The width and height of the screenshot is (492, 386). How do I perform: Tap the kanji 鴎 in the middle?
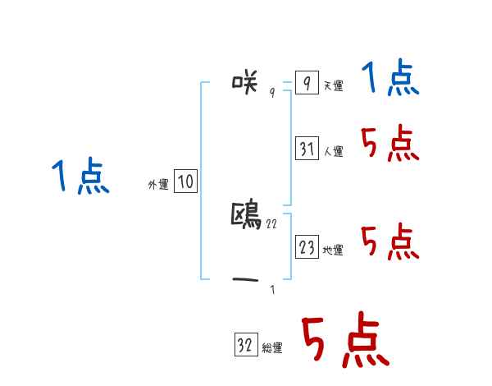(x=247, y=215)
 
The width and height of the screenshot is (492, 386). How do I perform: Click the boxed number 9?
(x=306, y=84)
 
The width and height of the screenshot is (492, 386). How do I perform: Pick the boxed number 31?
(x=307, y=149)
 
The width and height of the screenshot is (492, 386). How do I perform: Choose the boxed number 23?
(x=307, y=247)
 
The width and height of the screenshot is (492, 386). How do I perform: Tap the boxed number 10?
(x=185, y=182)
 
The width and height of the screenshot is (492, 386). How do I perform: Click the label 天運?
(x=333, y=86)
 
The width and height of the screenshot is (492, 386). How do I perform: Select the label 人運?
(x=334, y=152)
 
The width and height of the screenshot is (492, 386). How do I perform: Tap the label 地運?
(x=334, y=250)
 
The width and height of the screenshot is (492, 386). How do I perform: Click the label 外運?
(x=158, y=186)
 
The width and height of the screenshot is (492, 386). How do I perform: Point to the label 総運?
(x=272, y=349)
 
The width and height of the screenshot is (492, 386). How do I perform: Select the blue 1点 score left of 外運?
(x=80, y=177)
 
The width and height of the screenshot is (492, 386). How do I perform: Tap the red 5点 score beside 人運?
(x=390, y=145)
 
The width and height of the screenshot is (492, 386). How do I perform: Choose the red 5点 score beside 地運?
(x=390, y=242)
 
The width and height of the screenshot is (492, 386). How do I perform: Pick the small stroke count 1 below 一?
(x=272, y=290)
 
